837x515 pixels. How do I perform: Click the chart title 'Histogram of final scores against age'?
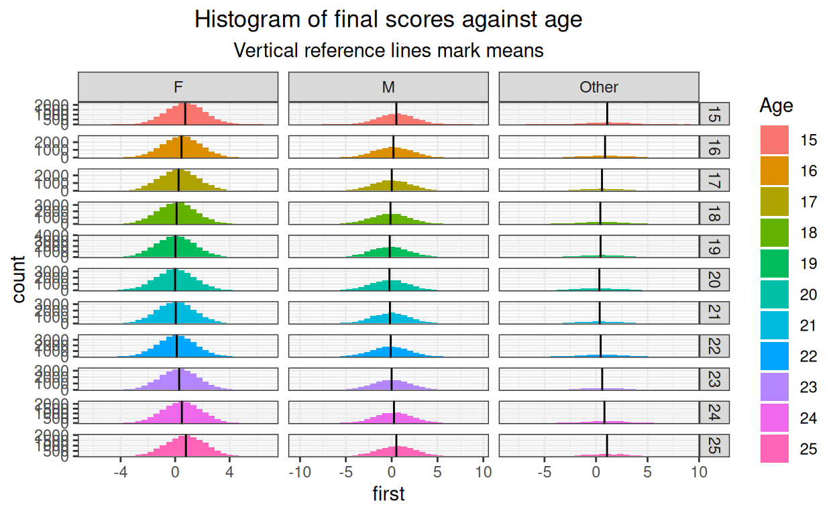tap(388, 20)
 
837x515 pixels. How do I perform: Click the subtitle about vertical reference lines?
tap(388, 50)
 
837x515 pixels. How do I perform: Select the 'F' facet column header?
tap(178, 87)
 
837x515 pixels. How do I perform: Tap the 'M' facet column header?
tap(388, 87)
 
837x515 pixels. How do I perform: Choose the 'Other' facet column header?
tap(599, 87)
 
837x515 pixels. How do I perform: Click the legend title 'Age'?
tap(777, 106)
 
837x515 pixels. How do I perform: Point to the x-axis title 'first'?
tap(388, 495)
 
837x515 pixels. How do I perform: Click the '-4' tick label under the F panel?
tap(120, 472)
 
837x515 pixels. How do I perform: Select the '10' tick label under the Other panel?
tap(699, 472)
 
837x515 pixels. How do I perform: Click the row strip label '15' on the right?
tap(715, 114)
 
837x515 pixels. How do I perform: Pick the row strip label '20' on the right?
tap(715, 280)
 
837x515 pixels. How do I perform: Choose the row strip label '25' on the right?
tap(715, 446)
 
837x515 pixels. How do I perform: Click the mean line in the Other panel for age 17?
tap(602, 180)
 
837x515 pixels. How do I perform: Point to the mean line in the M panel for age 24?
tap(394, 412)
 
